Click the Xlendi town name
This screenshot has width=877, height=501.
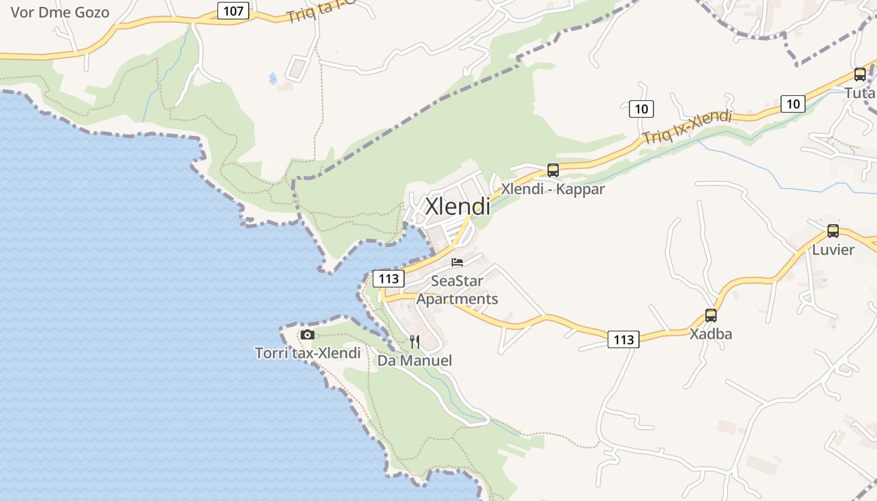click(457, 206)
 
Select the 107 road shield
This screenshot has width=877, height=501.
click(233, 11)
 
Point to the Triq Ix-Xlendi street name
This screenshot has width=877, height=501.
click(687, 127)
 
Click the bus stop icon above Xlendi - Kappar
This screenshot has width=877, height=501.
click(553, 170)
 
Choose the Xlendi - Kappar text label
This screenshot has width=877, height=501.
click(553, 189)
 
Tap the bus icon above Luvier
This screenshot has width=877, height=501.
click(833, 230)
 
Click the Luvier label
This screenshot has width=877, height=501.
click(833, 250)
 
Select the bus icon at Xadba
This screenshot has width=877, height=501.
click(710, 315)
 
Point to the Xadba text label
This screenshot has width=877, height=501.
click(710, 334)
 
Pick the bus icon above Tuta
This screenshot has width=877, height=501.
click(859, 75)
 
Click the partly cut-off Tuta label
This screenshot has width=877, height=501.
click(859, 93)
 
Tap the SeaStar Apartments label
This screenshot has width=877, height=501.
click(457, 289)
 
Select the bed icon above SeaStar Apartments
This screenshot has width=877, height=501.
click(457, 262)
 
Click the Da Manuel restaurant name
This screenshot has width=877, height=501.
click(414, 361)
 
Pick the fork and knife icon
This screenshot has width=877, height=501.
click(414, 341)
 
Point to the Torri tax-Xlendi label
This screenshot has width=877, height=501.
click(308, 353)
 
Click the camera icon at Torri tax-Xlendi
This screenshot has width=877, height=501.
click(307, 334)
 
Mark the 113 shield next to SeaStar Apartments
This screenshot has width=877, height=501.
click(388, 278)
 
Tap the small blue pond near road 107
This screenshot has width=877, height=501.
click(272, 78)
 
